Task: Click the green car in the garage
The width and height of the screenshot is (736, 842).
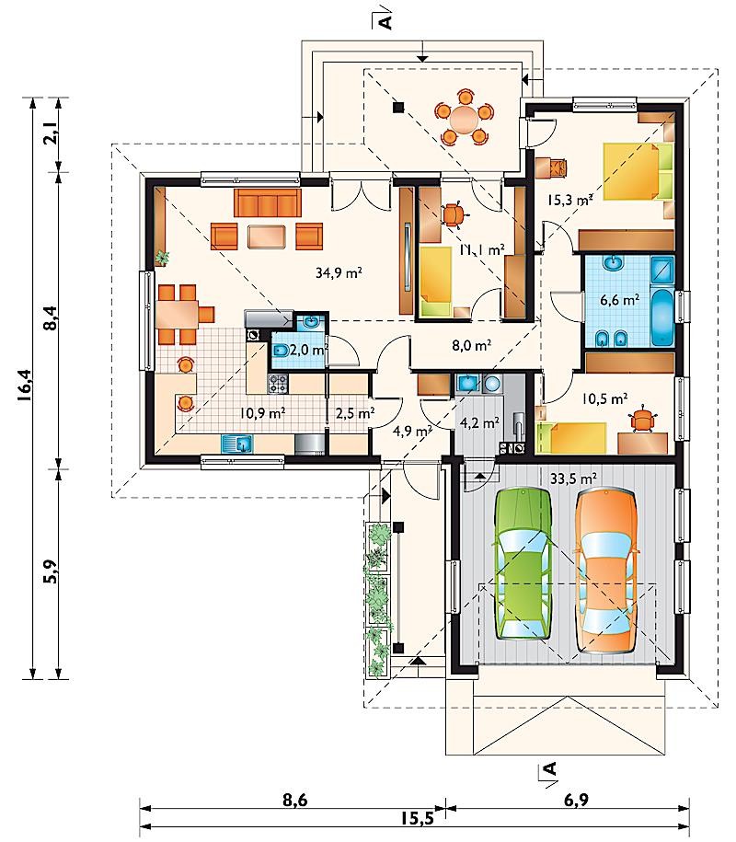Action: point(523,563)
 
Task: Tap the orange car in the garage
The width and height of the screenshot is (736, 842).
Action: point(606,571)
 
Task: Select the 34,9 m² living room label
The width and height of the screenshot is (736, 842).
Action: point(339,273)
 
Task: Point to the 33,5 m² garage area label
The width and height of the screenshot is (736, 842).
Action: point(574,478)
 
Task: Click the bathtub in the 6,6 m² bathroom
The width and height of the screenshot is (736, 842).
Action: point(661,317)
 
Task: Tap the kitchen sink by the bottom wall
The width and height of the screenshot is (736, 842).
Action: point(237,444)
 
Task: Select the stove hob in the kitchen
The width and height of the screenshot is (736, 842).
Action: point(278,383)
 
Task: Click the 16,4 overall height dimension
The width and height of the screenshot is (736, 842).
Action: point(25,385)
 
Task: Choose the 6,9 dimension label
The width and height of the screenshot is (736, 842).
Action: point(576,801)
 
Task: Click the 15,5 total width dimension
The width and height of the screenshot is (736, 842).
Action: point(416,818)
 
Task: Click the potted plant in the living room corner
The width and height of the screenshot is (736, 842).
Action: point(162,258)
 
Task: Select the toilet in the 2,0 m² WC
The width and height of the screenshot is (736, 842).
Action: point(281,352)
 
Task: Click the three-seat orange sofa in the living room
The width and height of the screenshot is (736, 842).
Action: point(267,202)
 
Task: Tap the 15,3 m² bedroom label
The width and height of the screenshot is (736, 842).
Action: point(569,201)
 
